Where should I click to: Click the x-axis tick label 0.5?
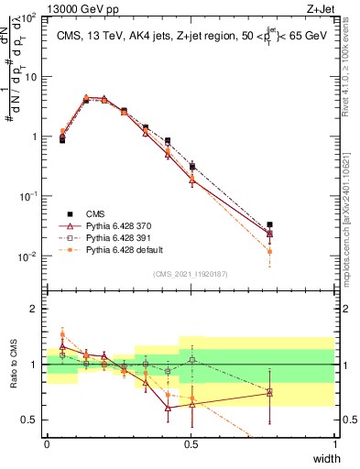191,443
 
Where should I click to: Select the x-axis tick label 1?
335,443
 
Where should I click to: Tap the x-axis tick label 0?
47,443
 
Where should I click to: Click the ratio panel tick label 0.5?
29,420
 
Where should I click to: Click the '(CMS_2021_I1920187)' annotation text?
191,274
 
